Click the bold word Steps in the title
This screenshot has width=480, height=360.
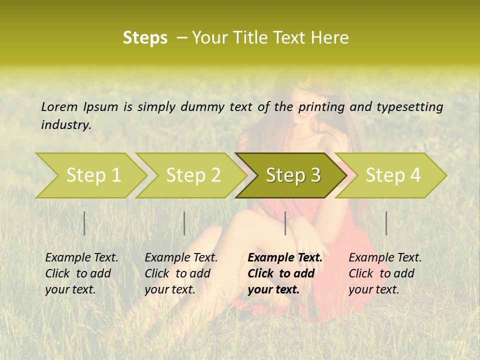tap(145, 38)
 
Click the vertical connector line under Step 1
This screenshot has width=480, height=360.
tap(84, 223)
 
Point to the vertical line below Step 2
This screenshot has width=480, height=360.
tap(184, 223)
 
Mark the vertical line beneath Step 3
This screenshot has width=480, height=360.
tap(285, 223)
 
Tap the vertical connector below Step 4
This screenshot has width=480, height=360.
tap(386, 223)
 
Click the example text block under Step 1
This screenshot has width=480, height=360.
tap(81, 273)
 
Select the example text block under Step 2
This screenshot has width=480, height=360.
tap(181, 273)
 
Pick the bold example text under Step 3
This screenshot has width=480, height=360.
tap(285, 273)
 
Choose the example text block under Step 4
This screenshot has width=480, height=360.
tap(385, 273)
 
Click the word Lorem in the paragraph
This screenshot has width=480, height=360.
tap(59, 106)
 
